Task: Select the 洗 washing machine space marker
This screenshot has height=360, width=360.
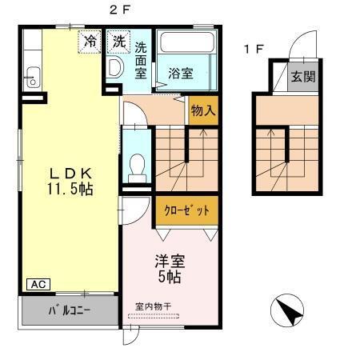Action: pyautogui.click(x=118, y=40)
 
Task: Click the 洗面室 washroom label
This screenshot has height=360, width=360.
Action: pyautogui.click(x=141, y=60)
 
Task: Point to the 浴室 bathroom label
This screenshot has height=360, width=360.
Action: pyautogui.click(x=180, y=73)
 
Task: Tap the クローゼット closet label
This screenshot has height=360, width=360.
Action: pyautogui.click(x=187, y=210)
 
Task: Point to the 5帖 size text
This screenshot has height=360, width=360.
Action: pyautogui.click(x=169, y=277)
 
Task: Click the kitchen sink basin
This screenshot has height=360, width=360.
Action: pyautogui.click(x=31, y=78)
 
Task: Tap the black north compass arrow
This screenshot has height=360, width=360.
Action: pyautogui.click(x=289, y=310)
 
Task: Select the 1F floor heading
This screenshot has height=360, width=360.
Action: pyautogui.click(x=254, y=50)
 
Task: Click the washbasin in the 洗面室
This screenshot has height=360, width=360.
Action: pyautogui.click(x=114, y=66)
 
